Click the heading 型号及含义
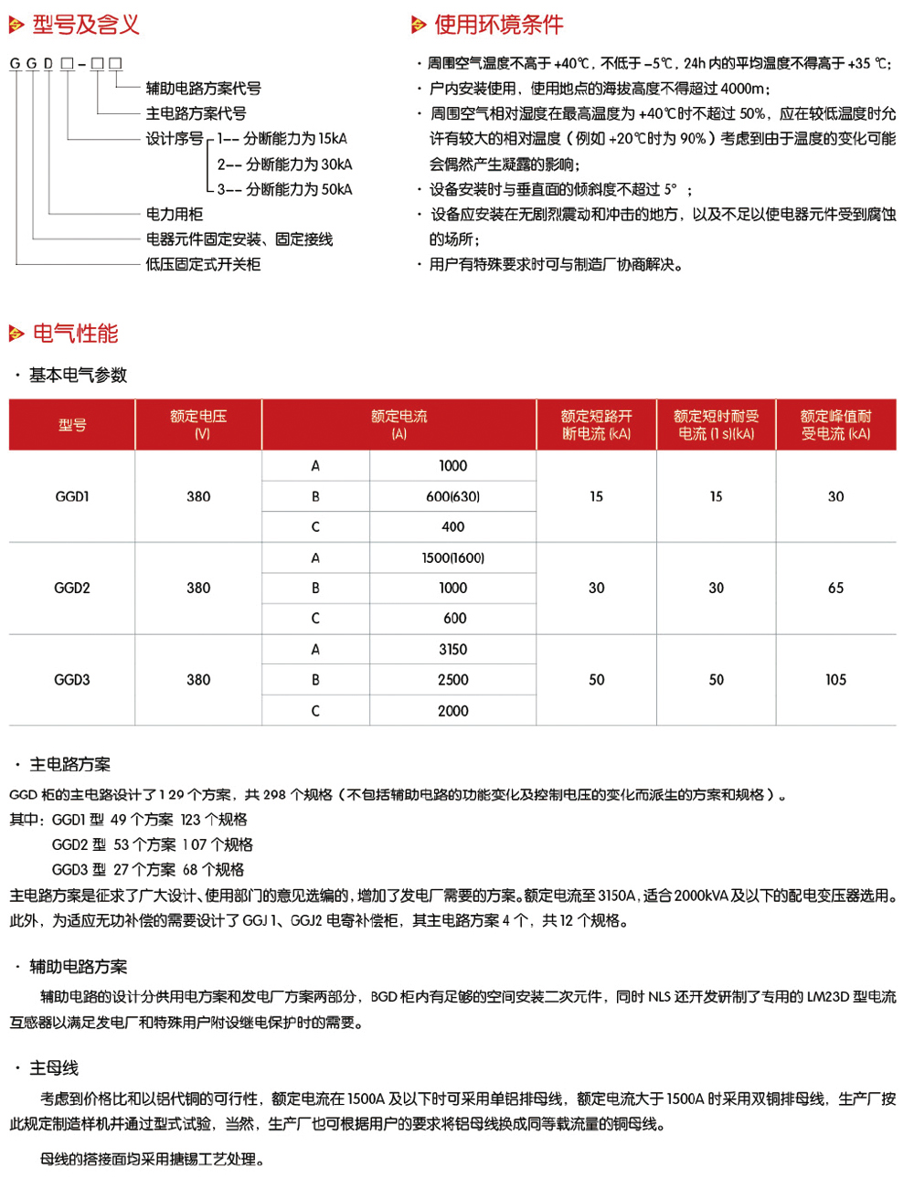tap(86, 25)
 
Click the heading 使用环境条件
tap(498, 25)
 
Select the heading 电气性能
tap(75, 334)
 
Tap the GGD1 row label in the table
tap(72, 496)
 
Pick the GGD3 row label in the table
tap(72, 680)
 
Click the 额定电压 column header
tap(198, 424)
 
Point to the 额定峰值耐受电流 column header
tap(835, 424)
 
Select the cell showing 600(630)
tap(452, 496)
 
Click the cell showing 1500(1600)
tap(452, 557)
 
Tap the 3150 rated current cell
tap(452, 650)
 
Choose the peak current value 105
tap(835, 680)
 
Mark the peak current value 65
tap(835, 588)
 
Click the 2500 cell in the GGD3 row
tap(452, 680)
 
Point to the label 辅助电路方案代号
tap(203, 89)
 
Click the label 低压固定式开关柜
tap(203, 264)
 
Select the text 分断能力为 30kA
tap(298, 164)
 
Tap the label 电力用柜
tap(175, 214)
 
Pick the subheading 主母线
tap(54, 1067)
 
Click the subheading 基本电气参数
tap(78, 375)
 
